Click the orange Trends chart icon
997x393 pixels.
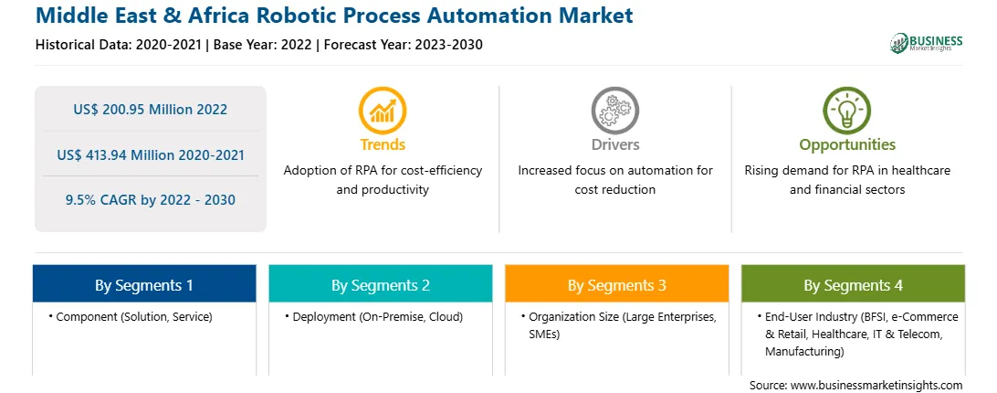pos(383,111)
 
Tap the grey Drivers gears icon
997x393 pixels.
pos(614,111)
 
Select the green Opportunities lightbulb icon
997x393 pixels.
pos(847,111)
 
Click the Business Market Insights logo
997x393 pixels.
pos(927,43)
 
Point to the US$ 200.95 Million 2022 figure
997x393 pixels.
pos(150,110)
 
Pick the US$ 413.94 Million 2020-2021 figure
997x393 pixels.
pos(150,154)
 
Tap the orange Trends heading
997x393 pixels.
pos(383,144)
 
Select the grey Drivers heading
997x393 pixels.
pos(614,144)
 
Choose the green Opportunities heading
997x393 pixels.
pos(847,145)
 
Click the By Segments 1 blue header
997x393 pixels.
pos(144,284)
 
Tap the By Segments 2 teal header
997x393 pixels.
pos(380,284)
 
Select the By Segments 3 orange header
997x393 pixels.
pos(617,284)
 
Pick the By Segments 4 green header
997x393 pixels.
pos(853,284)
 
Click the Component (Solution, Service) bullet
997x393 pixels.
pos(131,316)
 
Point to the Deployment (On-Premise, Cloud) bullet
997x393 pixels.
pos(374,316)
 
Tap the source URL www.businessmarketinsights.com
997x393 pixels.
pos(876,386)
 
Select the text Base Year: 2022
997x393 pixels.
pos(263,45)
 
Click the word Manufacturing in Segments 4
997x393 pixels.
pos(804,352)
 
